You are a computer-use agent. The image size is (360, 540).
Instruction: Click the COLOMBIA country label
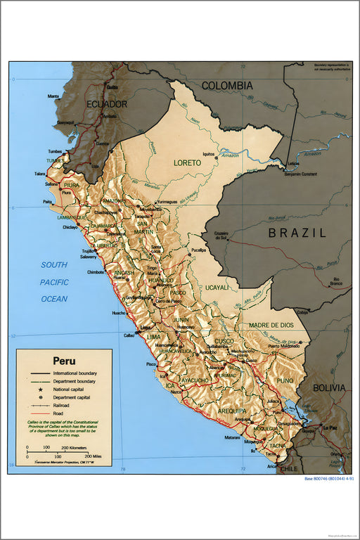click(x=227, y=86)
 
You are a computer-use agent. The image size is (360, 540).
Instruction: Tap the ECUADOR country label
click(x=107, y=104)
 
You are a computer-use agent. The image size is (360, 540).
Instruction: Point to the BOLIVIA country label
click(x=329, y=387)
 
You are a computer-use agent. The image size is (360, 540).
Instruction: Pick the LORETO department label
click(x=188, y=162)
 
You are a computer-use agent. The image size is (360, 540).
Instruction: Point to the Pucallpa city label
click(x=198, y=250)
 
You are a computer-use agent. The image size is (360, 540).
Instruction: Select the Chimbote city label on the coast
click(x=95, y=271)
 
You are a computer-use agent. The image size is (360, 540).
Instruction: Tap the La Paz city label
click(x=330, y=427)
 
